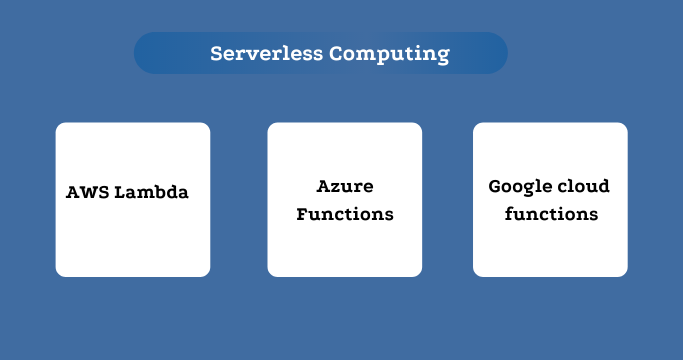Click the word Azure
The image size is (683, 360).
coord(344,187)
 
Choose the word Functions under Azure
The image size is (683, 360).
coord(344,214)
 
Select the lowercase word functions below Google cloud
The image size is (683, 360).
coord(551,214)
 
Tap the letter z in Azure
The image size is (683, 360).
coord(335,188)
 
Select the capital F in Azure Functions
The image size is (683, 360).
coord(303,214)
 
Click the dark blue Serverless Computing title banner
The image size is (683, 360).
coord(321,53)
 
